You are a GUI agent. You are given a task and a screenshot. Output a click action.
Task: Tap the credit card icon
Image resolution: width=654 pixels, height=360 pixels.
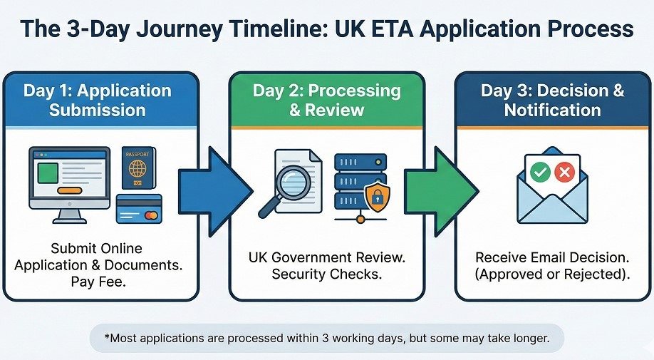(x=138, y=209)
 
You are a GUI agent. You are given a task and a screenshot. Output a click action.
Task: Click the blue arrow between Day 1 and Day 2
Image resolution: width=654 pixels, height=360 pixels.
(x=213, y=190)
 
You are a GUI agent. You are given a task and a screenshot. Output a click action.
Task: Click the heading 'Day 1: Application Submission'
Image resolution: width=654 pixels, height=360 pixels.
(x=98, y=101)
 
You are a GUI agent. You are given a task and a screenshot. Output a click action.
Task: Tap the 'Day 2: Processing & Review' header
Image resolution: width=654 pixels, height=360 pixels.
(x=326, y=101)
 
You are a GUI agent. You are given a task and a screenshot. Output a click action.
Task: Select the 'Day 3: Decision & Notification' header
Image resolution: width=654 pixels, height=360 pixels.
(x=552, y=101)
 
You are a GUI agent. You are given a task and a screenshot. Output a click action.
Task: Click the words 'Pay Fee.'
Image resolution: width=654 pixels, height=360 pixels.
(x=97, y=279)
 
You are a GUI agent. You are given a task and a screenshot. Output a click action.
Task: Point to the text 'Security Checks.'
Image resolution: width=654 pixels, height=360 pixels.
(x=326, y=274)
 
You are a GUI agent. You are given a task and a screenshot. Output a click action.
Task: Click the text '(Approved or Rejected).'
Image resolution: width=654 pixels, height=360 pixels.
(x=552, y=274)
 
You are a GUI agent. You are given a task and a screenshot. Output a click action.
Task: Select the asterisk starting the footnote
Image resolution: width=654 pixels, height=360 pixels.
(x=106, y=338)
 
